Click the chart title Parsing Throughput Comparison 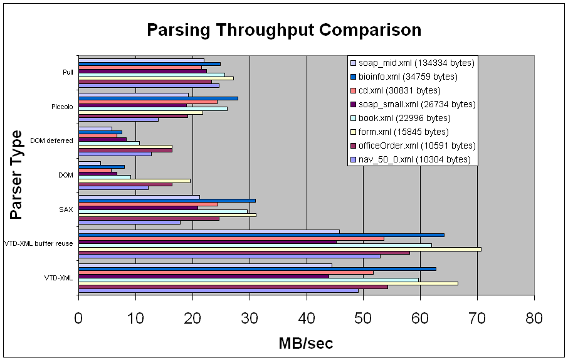click(x=283, y=29)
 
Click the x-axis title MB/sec click(x=306, y=343)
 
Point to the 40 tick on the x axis click(x=307, y=318)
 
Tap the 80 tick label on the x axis click(x=534, y=318)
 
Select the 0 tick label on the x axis click(x=78, y=318)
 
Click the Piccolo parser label click(x=62, y=107)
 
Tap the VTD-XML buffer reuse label click(x=39, y=243)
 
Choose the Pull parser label click(x=68, y=72)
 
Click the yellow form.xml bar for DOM click(x=134, y=181)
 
